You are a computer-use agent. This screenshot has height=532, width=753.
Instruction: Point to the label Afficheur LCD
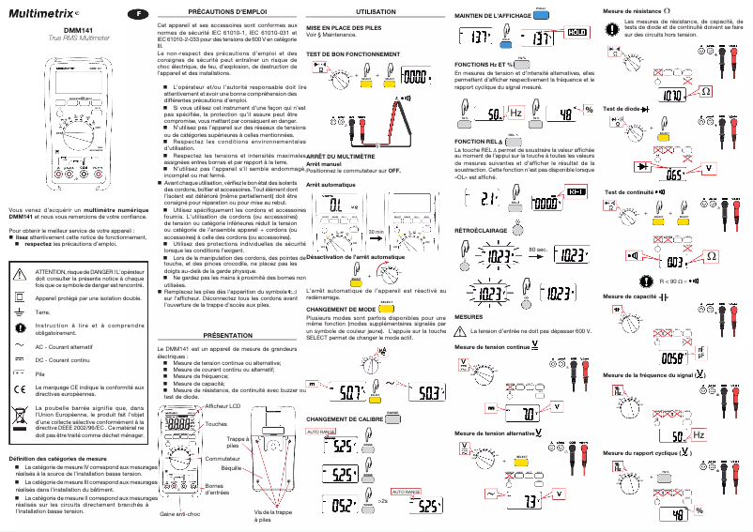(223, 405)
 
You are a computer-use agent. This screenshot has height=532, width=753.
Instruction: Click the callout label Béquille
(230, 466)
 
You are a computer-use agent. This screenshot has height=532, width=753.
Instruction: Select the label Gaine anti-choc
(180, 513)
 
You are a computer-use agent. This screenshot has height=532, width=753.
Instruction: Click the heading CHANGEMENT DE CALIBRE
(345, 418)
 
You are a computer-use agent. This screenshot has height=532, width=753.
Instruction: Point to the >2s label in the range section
(381, 502)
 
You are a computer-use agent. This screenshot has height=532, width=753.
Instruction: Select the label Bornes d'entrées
(217, 489)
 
